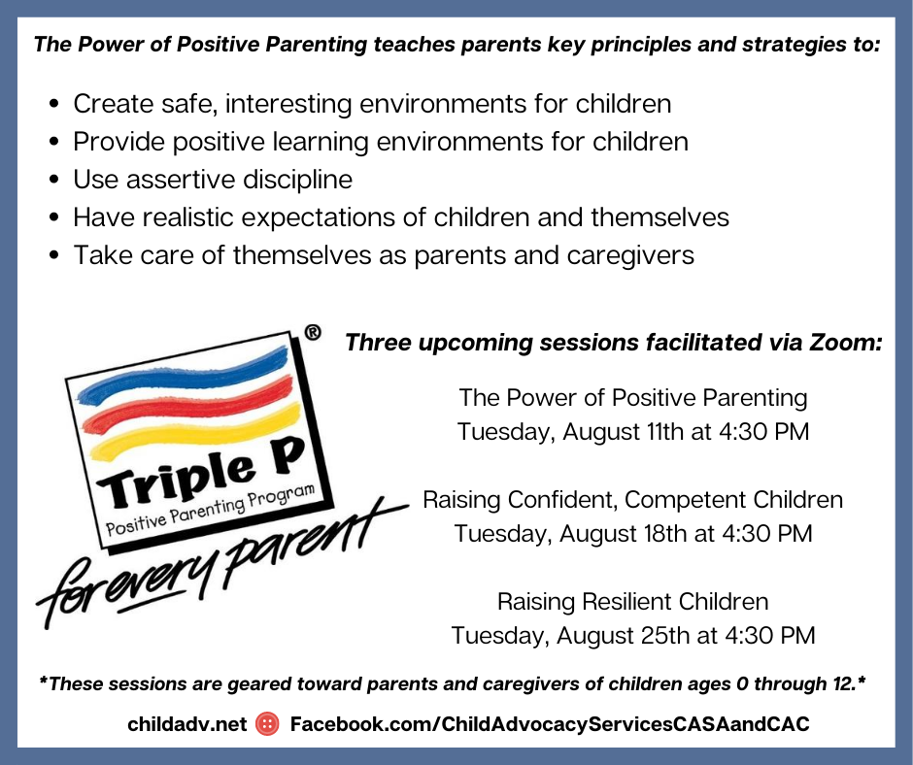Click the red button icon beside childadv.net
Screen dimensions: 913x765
point(267,723)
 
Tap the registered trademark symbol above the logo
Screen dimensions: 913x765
point(313,332)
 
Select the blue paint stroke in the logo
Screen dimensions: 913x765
point(184,375)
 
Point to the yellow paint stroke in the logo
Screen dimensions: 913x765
point(195,431)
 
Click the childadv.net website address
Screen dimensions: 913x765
point(186,724)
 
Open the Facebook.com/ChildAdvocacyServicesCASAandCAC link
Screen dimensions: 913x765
point(550,724)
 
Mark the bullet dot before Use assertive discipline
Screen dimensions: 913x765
point(54,180)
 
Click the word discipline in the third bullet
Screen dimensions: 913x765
point(297,180)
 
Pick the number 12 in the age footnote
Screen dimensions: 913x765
point(843,683)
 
